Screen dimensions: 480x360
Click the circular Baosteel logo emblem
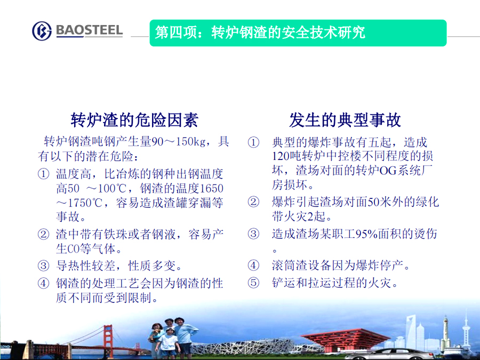click(42, 30)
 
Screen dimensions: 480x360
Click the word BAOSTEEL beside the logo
click(90, 30)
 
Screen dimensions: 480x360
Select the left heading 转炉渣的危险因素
click(134, 119)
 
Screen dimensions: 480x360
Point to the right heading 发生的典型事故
click(345, 119)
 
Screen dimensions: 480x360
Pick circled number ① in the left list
click(44, 174)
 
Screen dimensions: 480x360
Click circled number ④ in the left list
click(44, 283)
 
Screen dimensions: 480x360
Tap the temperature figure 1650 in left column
click(212, 188)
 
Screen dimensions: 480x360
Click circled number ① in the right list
click(253, 142)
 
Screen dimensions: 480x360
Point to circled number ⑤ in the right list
click(253, 283)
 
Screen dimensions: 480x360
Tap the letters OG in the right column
click(388, 171)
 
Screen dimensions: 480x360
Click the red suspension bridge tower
click(108, 340)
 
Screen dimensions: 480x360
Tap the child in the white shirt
click(168, 343)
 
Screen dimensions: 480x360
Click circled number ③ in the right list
click(253, 234)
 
